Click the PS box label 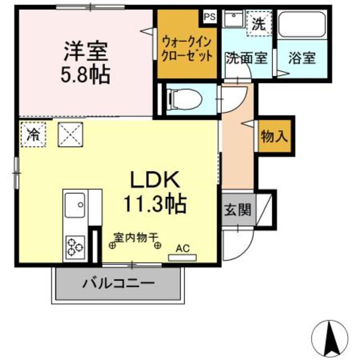pos(209,16)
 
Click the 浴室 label pos(301,57)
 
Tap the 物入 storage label pos(274,136)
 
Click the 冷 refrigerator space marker pos(34,134)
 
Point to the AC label pos(183,248)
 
